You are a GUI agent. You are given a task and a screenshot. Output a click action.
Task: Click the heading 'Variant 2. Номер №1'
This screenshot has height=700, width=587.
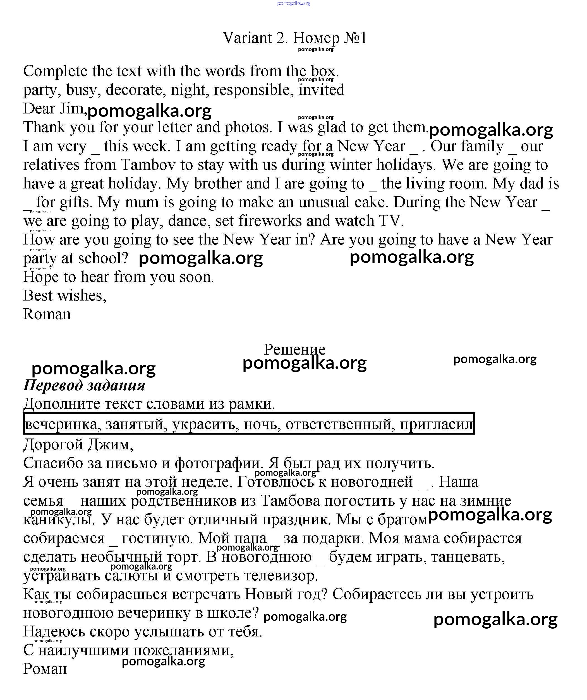click(295, 38)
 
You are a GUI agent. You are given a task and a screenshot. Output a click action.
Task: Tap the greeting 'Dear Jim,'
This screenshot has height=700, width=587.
click(54, 109)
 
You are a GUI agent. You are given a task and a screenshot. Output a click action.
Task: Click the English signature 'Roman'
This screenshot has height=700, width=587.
click(47, 314)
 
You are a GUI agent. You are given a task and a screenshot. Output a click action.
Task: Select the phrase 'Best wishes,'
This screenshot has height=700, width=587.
click(65, 296)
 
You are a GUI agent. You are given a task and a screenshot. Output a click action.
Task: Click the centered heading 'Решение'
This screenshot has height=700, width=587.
click(294, 349)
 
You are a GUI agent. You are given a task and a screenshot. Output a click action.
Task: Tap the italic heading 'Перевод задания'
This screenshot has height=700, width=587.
click(84, 385)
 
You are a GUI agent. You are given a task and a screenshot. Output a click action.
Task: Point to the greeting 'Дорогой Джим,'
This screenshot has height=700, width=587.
click(78, 445)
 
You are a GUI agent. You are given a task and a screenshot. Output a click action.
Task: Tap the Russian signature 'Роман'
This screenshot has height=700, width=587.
click(45, 669)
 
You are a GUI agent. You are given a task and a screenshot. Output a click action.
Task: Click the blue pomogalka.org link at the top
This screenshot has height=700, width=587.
click(294, 3)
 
